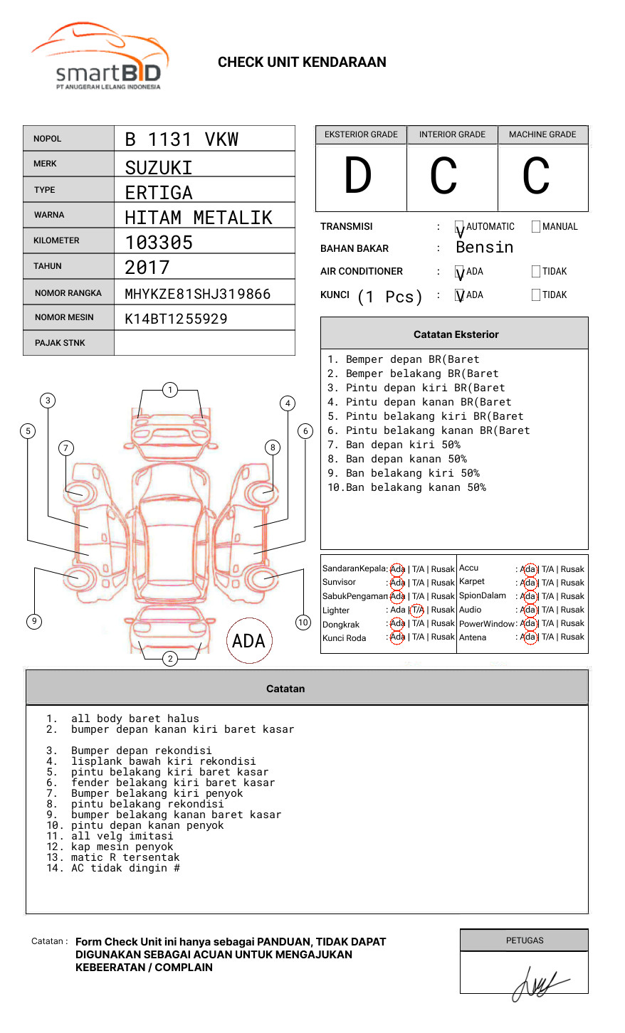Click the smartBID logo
click(100, 58)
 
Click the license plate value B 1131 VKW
click(182, 139)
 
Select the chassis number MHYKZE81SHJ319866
click(198, 294)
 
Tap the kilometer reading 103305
click(159, 243)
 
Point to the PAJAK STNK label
click(60, 343)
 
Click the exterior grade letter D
click(358, 176)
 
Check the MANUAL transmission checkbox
click(536, 227)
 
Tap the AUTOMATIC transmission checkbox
click(459, 227)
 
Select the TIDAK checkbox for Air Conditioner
click(536, 272)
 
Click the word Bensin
click(484, 248)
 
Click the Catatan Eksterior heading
click(456, 334)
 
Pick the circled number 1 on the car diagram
click(169, 390)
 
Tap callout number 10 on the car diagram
click(303, 623)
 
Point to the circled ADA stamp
click(249, 641)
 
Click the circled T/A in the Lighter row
click(417, 610)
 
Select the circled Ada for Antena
click(528, 637)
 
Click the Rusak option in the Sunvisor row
click(443, 583)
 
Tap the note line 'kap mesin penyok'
click(122, 847)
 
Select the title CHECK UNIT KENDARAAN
click(302, 63)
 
